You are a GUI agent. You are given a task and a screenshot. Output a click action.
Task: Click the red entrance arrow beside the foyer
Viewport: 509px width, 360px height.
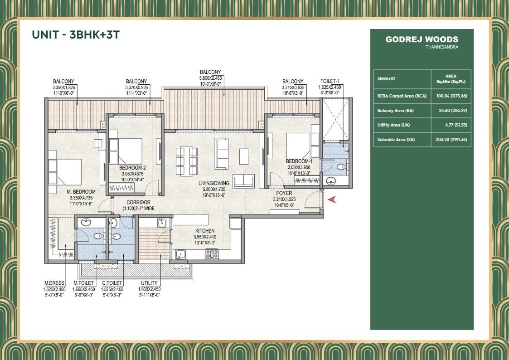pyautogui.click(x=332, y=199)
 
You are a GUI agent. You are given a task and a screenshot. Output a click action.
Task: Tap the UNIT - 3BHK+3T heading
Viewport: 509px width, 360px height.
pyautogui.click(x=76, y=34)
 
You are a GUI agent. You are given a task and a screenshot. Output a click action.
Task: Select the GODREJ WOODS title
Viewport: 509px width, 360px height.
pyautogui.click(x=422, y=39)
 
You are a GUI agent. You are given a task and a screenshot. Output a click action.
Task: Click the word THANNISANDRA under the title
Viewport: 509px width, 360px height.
pyautogui.click(x=442, y=47)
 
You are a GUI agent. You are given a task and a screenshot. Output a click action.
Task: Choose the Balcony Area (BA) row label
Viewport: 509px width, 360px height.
pyautogui.click(x=395, y=110)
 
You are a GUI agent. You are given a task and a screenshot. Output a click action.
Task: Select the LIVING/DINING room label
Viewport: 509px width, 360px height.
pyautogui.click(x=214, y=183)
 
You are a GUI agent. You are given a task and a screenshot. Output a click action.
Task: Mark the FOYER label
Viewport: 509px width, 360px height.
pyautogui.click(x=284, y=193)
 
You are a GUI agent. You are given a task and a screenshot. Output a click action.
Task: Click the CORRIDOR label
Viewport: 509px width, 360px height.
pyautogui.click(x=138, y=202)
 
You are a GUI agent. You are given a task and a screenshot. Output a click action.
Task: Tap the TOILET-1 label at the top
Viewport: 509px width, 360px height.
pyautogui.click(x=332, y=82)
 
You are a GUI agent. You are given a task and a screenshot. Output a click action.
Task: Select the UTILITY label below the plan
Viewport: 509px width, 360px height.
pyautogui.click(x=149, y=283)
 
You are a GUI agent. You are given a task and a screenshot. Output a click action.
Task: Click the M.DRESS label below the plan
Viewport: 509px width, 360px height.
pyautogui.click(x=54, y=283)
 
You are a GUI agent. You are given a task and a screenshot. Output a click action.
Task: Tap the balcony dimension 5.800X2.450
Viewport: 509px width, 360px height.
pyautogui.click(x=210, y=78)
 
